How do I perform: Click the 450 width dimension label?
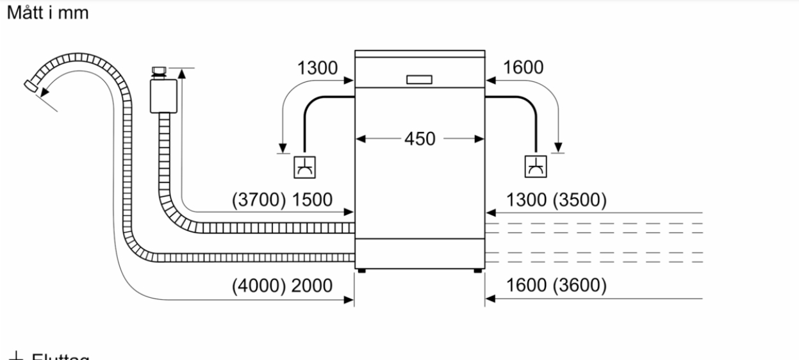pyautogui.click(x=419, y=138)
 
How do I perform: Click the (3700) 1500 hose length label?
pyautogui.click(x=283, y=200)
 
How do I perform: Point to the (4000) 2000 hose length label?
pyautogui.click(x=283, y=286)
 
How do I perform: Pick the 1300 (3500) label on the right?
pyautogui.click(x=556, y=200)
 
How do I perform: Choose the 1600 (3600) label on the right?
pyautogui.click(x=556, y=286)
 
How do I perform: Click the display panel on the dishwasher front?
pyautogui.click(x=419, y=80)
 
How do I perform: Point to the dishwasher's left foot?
pyautogui.click(x=363, y=270)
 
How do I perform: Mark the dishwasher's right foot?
pyautogui.click(x=477, y=270)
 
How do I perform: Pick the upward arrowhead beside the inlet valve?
pyautogui.click(x=182, y=73)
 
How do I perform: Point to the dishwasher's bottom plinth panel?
pyautogui.click(x=419, y=253)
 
